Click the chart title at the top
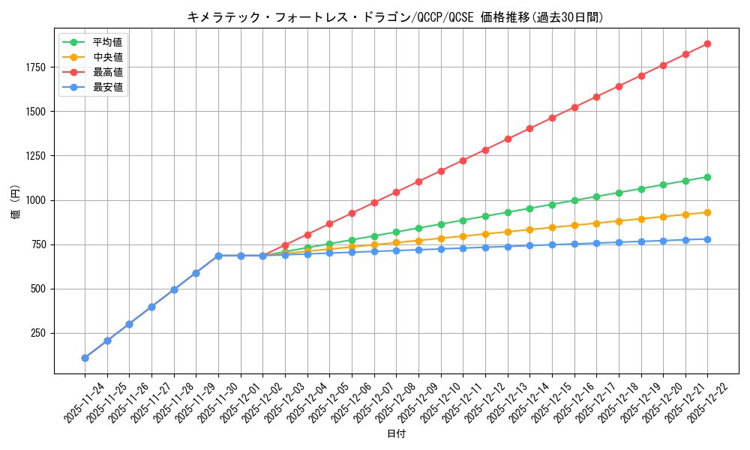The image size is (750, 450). click(x=394, y=17)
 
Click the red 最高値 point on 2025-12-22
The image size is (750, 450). click(x=707, y=43)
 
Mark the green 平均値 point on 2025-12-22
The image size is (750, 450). click(x=707, y=177)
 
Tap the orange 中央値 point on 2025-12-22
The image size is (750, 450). click(x=707, y=212)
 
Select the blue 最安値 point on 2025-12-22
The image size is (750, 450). click(x=707, y=239)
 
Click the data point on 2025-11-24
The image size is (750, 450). click(x=85, y=358)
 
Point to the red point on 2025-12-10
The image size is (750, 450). click(x=441, y=171)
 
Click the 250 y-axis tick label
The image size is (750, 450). click(x=39, y=333)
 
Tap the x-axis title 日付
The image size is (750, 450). click(x=396, y=434)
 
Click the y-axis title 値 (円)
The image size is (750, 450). click(x=15, y=202)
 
